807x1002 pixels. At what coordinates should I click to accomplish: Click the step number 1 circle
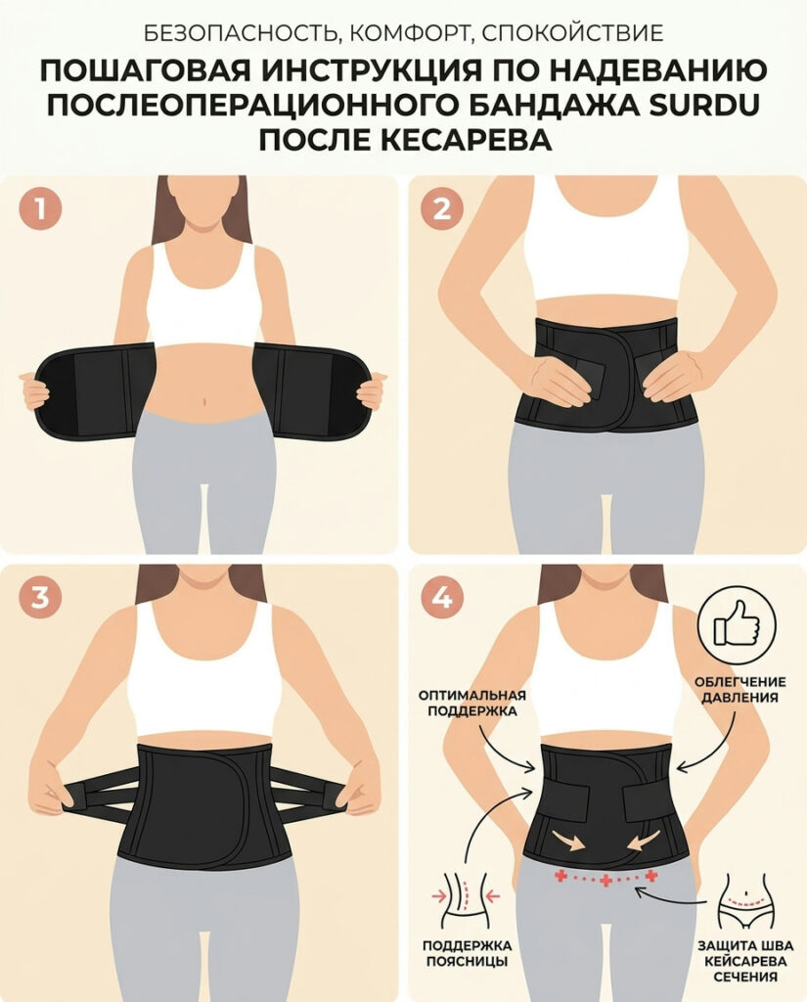(41, 208)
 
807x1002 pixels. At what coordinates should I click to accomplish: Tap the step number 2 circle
(442, 208)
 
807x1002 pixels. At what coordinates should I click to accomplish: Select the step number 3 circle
(41, 598)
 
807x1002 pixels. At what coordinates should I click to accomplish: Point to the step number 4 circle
(442, 598)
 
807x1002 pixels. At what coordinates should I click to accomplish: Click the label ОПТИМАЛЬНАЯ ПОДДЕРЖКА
(472, 703)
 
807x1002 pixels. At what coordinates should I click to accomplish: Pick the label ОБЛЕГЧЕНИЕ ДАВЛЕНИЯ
(740, 690)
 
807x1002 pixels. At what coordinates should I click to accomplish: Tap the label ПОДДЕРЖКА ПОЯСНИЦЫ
(467, 953)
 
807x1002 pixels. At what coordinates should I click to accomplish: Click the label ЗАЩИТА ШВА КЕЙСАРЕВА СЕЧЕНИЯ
(745, 961)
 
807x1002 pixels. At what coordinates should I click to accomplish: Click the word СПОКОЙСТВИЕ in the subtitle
(572, 32)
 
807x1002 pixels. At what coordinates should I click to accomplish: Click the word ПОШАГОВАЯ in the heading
(145, 70)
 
